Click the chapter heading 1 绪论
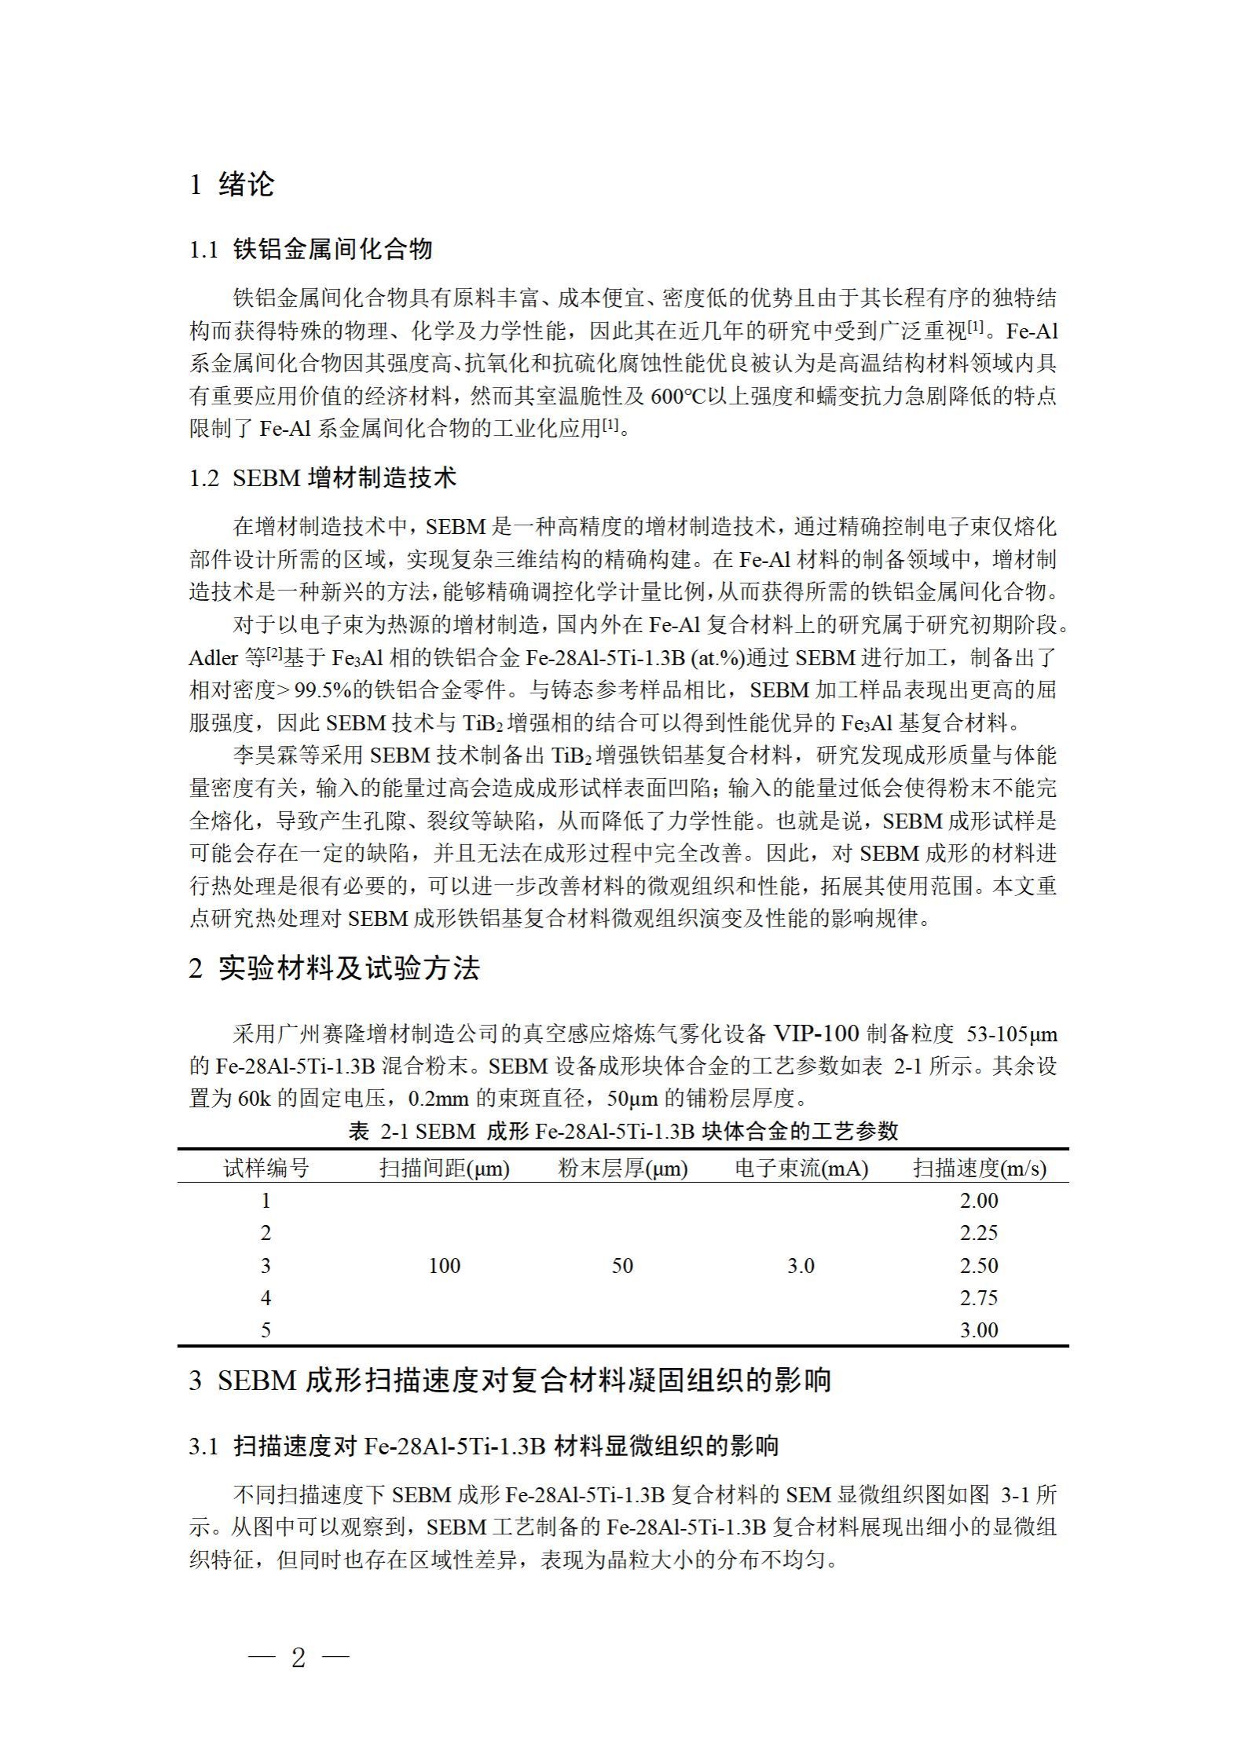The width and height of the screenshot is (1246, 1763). pyautogui.click(x=232, y=185)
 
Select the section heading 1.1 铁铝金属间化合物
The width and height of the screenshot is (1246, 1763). pyautogui.click(x=311, y=250)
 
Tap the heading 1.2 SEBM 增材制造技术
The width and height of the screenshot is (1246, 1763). pyautogui.click(x=322, y=478)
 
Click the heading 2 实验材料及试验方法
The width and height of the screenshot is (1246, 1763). pyautogui.click(x=334, y=968)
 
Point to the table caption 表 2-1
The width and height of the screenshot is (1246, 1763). pyautogui.click(x=622, y=1132)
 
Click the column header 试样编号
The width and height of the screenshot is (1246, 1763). pyautogui.click(x=266, y=1169)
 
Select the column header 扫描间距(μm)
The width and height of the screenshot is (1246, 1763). pyautogui.click(x=445, y=1169)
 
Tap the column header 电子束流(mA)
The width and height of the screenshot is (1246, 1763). pyautogui.click(x=801, y=1169)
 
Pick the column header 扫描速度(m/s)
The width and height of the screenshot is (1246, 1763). pyautogui.click(x=979, y=1169)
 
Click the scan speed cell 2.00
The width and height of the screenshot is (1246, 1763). pyautogui.click(x=979, y=1201)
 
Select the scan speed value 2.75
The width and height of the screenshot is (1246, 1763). pyautogui.click(x=979, y=1298)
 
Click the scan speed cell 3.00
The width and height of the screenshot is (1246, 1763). pyautogui.click(x=979, y=1330)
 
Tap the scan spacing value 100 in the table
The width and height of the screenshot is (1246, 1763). pyautogui.click(x=445, y=1266)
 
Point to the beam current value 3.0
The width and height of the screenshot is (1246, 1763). pyautogui.click(x=801, y=1266)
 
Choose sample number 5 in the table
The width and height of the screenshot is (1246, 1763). pyautogui.click(x=266, y=1330)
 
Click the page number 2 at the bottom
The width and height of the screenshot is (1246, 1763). pyautogui.click(x=298, y=1658)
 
